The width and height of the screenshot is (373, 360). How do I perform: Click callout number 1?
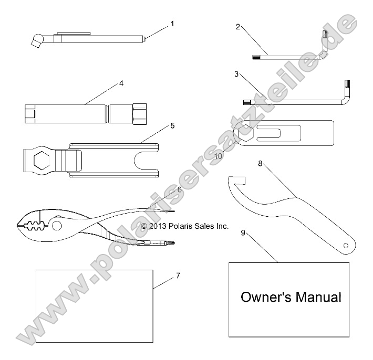pos(172,24)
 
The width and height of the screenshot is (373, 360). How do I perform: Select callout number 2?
pos(237,27)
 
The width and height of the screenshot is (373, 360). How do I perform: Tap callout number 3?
pos(236,74)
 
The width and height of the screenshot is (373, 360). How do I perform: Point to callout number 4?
pos(121,83)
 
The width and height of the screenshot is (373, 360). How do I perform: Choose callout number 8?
pos(260,164)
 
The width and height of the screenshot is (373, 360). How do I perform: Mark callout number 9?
pos(243,232)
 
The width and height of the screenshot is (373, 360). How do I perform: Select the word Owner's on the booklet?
pos(262,298)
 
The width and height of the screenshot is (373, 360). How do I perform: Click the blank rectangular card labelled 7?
pos(94,306)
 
